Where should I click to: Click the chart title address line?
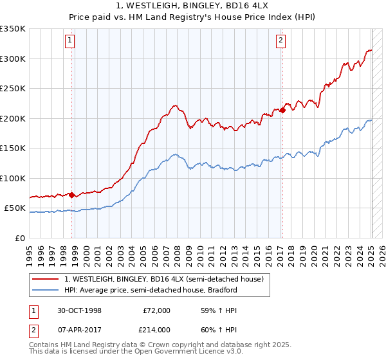(192, 7)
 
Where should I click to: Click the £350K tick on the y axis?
(13, 29)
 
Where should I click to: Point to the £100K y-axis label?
(13, 178)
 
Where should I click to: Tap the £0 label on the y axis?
(20, 238)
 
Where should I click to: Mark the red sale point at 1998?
(71, 195)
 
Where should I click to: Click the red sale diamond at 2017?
(282, 111)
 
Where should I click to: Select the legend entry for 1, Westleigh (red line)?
(163, 279)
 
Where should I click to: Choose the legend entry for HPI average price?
(151, 290)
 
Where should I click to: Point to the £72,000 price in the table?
(156, 310)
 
